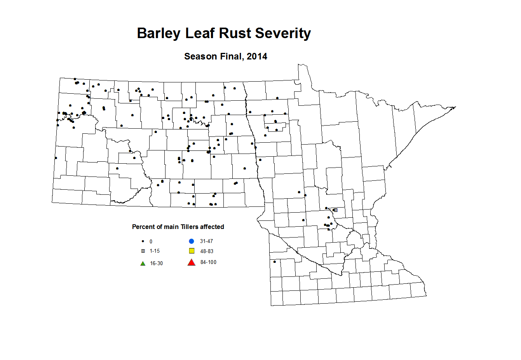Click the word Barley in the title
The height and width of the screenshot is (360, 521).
click(x=159, y=33)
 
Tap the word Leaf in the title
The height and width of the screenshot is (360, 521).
click(x=199, y=33)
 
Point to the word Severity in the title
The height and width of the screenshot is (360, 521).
click(x=283, y=33)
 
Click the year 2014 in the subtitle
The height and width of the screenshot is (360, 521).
click(x=257, y=57)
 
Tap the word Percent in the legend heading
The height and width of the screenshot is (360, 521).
click(x=143, y=227)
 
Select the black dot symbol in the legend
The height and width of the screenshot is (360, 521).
click(x=143, y=241)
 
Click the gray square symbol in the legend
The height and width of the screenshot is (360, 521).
click(x=143, y=251)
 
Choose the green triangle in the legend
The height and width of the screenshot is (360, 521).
click(x=143, y=264)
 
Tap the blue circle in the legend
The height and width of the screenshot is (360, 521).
click(x=192, y=241)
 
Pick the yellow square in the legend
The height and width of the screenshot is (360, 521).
click(x=192, y=251)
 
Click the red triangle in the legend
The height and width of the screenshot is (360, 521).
click(x=191, y=262)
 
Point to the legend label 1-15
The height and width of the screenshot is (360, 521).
click(x=155, y=251)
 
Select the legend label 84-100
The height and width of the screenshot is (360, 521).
click(x=208, y=262)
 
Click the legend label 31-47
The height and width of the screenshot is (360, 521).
click(x=206, y=241)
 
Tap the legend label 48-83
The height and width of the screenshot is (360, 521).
click(x=207, y=252)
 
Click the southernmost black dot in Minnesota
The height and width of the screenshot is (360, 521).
click(x=275, y=262)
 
